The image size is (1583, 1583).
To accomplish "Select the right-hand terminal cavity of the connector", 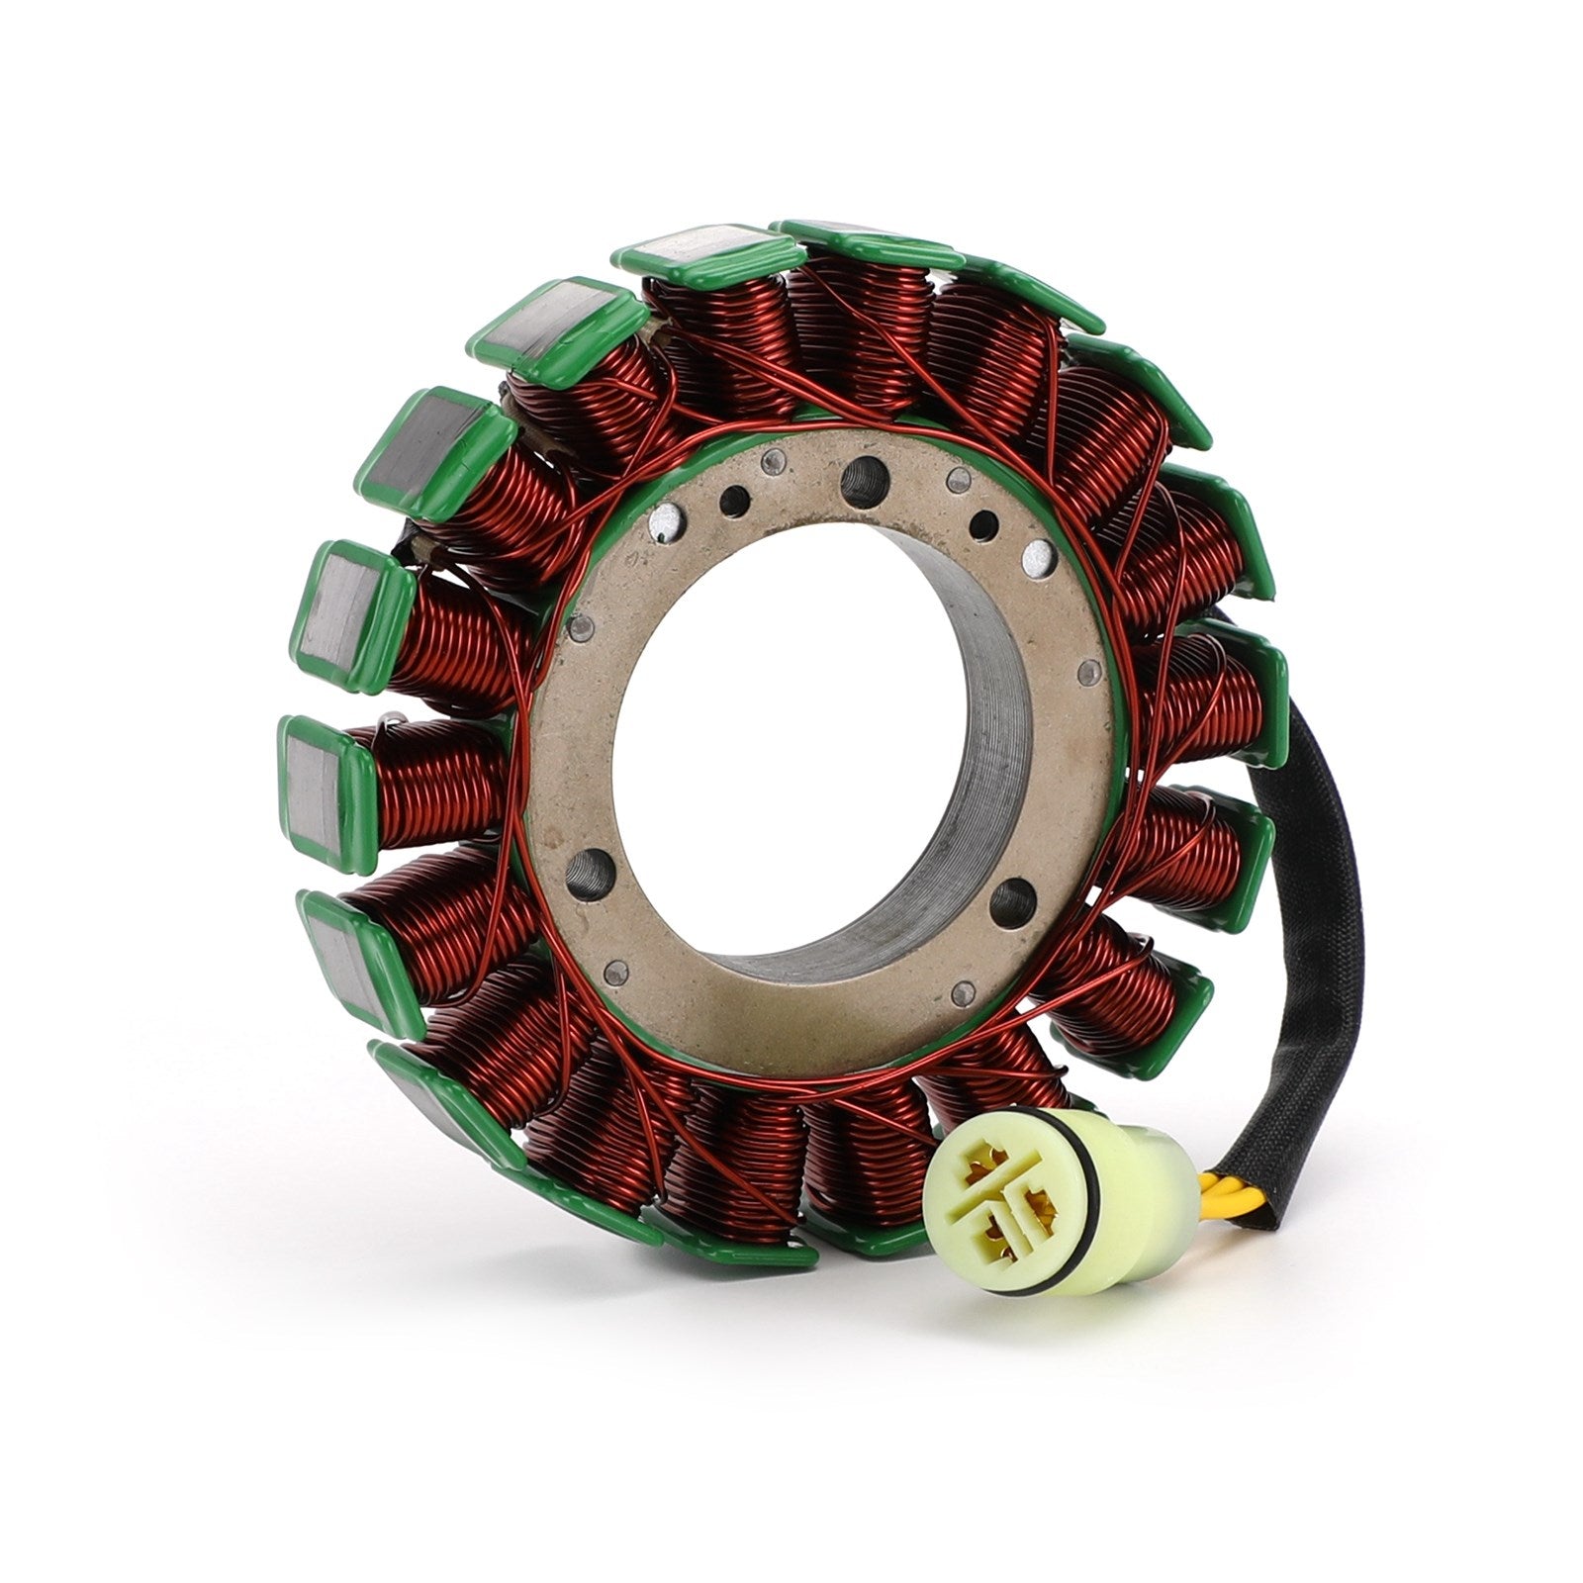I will [1037, 1203].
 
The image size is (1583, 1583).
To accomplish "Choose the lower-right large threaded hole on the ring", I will [1011, 897].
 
